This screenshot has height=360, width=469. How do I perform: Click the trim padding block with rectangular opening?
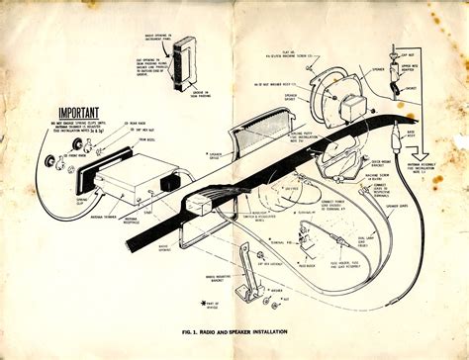point(185,64)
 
